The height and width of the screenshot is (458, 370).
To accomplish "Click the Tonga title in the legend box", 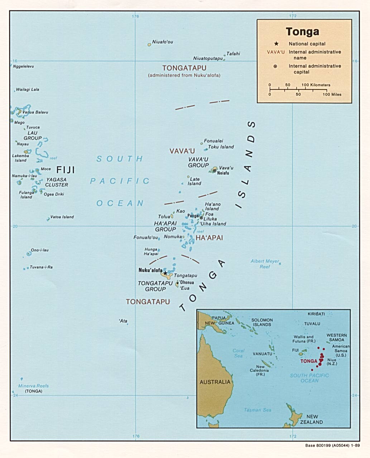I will tap(302, 32).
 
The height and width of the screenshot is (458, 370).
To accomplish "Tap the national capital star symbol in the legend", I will tap(276, 44).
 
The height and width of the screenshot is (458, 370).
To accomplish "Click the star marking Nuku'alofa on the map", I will tap(165, 273).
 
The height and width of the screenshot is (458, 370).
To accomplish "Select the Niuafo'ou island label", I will tap(162, 42).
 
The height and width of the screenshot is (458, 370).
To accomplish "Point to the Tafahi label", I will tap(233, 54).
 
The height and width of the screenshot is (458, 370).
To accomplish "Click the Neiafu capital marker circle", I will tap(214, 170).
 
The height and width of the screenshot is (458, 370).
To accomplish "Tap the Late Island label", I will tap(194, 181).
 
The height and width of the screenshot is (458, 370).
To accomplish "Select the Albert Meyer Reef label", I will tap(265, 264).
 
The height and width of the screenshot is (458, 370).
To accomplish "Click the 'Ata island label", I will tap(123, 321).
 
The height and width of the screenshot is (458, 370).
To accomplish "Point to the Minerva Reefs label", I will tap(33, 386).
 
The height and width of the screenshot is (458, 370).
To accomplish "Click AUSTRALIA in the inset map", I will tap(215, 382).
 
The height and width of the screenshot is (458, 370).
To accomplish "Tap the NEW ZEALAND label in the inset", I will tap(312, 419).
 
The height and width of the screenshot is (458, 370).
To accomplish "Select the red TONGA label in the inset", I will tap(309, 361).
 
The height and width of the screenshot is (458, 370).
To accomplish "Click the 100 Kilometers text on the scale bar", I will tap(316, 85).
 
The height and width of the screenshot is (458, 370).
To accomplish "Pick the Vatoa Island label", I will tap(62, 217).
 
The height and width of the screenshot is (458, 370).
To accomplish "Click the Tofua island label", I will tap(164, 217).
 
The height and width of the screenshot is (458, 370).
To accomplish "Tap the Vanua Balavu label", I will tap(35, 112).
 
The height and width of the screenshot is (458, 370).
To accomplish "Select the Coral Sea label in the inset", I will tap(239, 353).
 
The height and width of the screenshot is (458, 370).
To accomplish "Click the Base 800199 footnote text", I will tap(332, 446).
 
